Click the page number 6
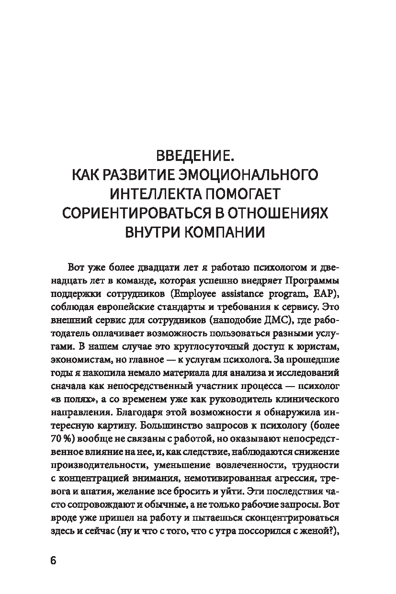53,561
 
